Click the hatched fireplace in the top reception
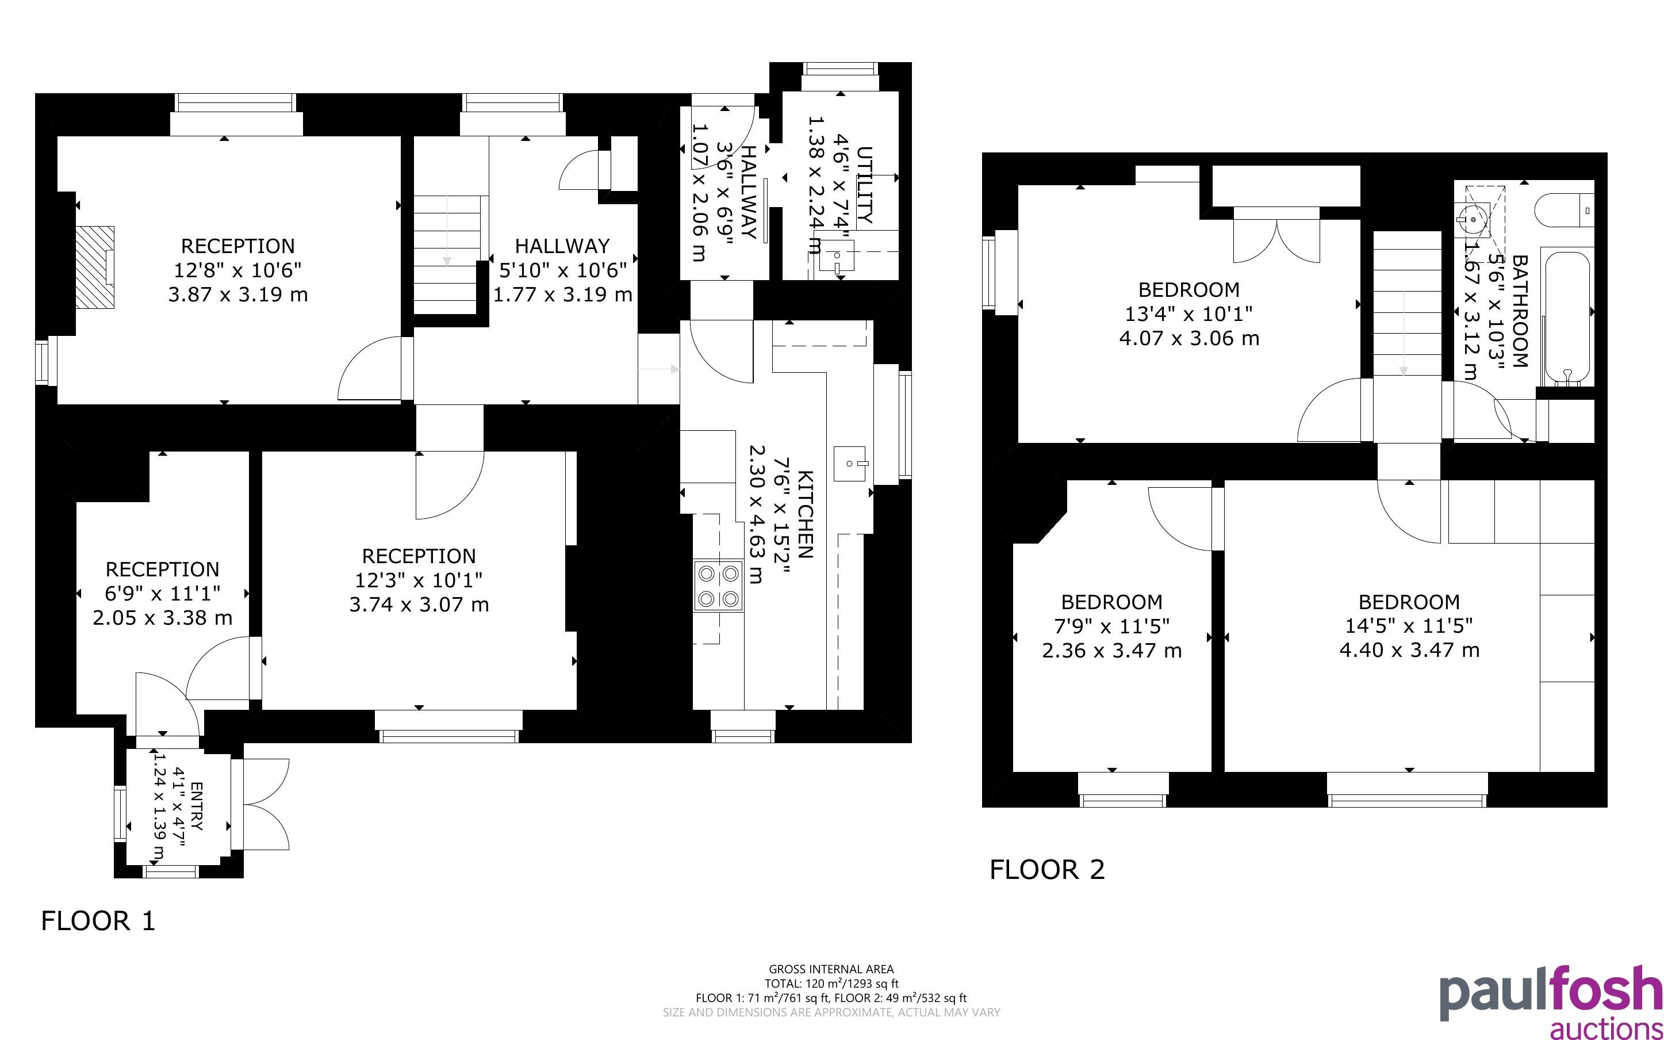tap(95, 267)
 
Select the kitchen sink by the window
tap(850, 463)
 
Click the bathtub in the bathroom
tap(1567, 316)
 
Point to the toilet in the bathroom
tap(1563, 211)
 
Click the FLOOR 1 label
tap(98, 921)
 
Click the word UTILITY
tap(865, 185)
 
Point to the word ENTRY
tap(197, 806)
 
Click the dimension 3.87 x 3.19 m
tap(238, 295)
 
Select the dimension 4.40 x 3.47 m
tap(1409, 650)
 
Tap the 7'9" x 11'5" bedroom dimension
tap(1111, 626)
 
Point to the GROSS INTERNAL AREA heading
tap(831, 969)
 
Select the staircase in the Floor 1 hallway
tap(447, 254)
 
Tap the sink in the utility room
tap(837, 256)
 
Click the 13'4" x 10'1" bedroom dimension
tap(1188, 314)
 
